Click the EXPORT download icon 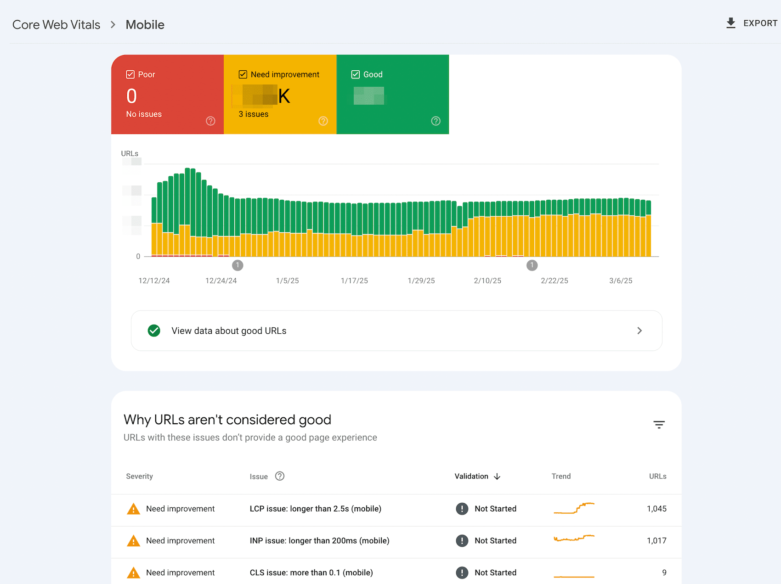(x=730, y=23)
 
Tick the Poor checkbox (x=130, y=74)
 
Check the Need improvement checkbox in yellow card (x=243, y=74)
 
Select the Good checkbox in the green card (x=356, y=74)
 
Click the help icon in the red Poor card (x=210, y=121)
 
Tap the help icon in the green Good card (x=436, y=121)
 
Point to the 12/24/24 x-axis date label (x=221, y=281)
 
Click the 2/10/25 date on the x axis (x=487, y=281)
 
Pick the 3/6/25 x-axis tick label (x=621, y=281)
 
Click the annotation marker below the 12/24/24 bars (x=238, y=265)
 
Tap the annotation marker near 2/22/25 (x=532, y=265)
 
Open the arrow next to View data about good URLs (x=640, y=331)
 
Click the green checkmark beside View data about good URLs (x=154, y=331)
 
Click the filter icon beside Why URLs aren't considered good (x=659, y=425)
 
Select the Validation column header (x=472, y=476)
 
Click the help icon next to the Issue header (x=280, y=476)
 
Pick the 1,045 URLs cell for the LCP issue (x=656, y=509)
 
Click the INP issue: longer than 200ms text (x=319, y=541)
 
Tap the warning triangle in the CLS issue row (x=133, y=573)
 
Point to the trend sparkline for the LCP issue (x=574, y=508)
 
